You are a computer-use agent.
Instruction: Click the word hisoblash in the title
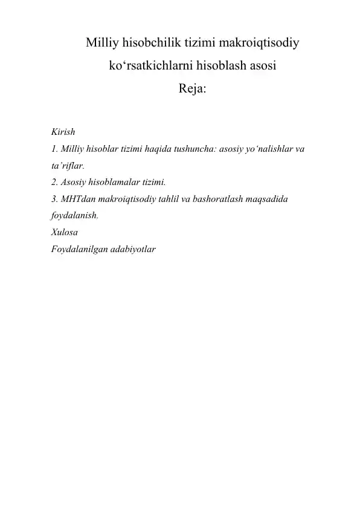(216, 66)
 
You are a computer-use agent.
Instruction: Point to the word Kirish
(63, 132)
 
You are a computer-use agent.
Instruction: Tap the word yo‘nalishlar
(265, 148)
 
